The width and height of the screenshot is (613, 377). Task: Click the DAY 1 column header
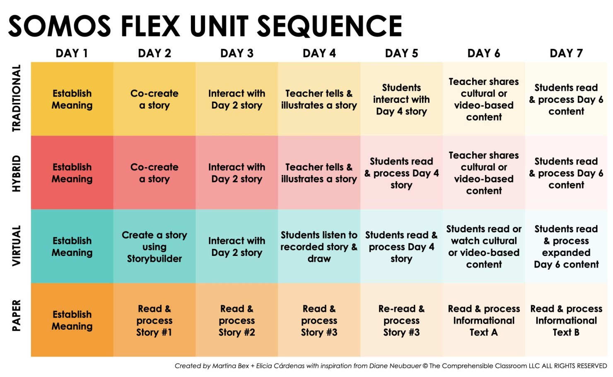72,54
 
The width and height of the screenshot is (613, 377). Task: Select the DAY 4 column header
319,54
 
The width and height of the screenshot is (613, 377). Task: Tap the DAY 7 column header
566,54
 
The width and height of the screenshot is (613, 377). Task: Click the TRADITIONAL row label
16,99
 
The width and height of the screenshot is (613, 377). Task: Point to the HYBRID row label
16,173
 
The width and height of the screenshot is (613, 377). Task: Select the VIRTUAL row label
16,246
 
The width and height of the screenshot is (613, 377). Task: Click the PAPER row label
16,316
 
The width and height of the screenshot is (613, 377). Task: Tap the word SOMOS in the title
60,26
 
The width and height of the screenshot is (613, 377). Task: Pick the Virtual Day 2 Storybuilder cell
154,247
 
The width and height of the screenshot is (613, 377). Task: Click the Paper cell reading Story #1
154,320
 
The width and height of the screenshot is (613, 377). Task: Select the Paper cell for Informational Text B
566,320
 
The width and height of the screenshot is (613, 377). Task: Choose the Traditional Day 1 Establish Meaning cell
72,99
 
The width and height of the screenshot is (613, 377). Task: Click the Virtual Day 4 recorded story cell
319,247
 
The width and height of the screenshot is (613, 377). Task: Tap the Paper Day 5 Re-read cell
401,320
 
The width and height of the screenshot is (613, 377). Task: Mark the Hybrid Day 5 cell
401,173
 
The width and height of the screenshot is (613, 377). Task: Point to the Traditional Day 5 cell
401,99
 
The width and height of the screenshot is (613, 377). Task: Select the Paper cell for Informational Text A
484,320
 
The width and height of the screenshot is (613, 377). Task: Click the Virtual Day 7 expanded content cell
566,247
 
